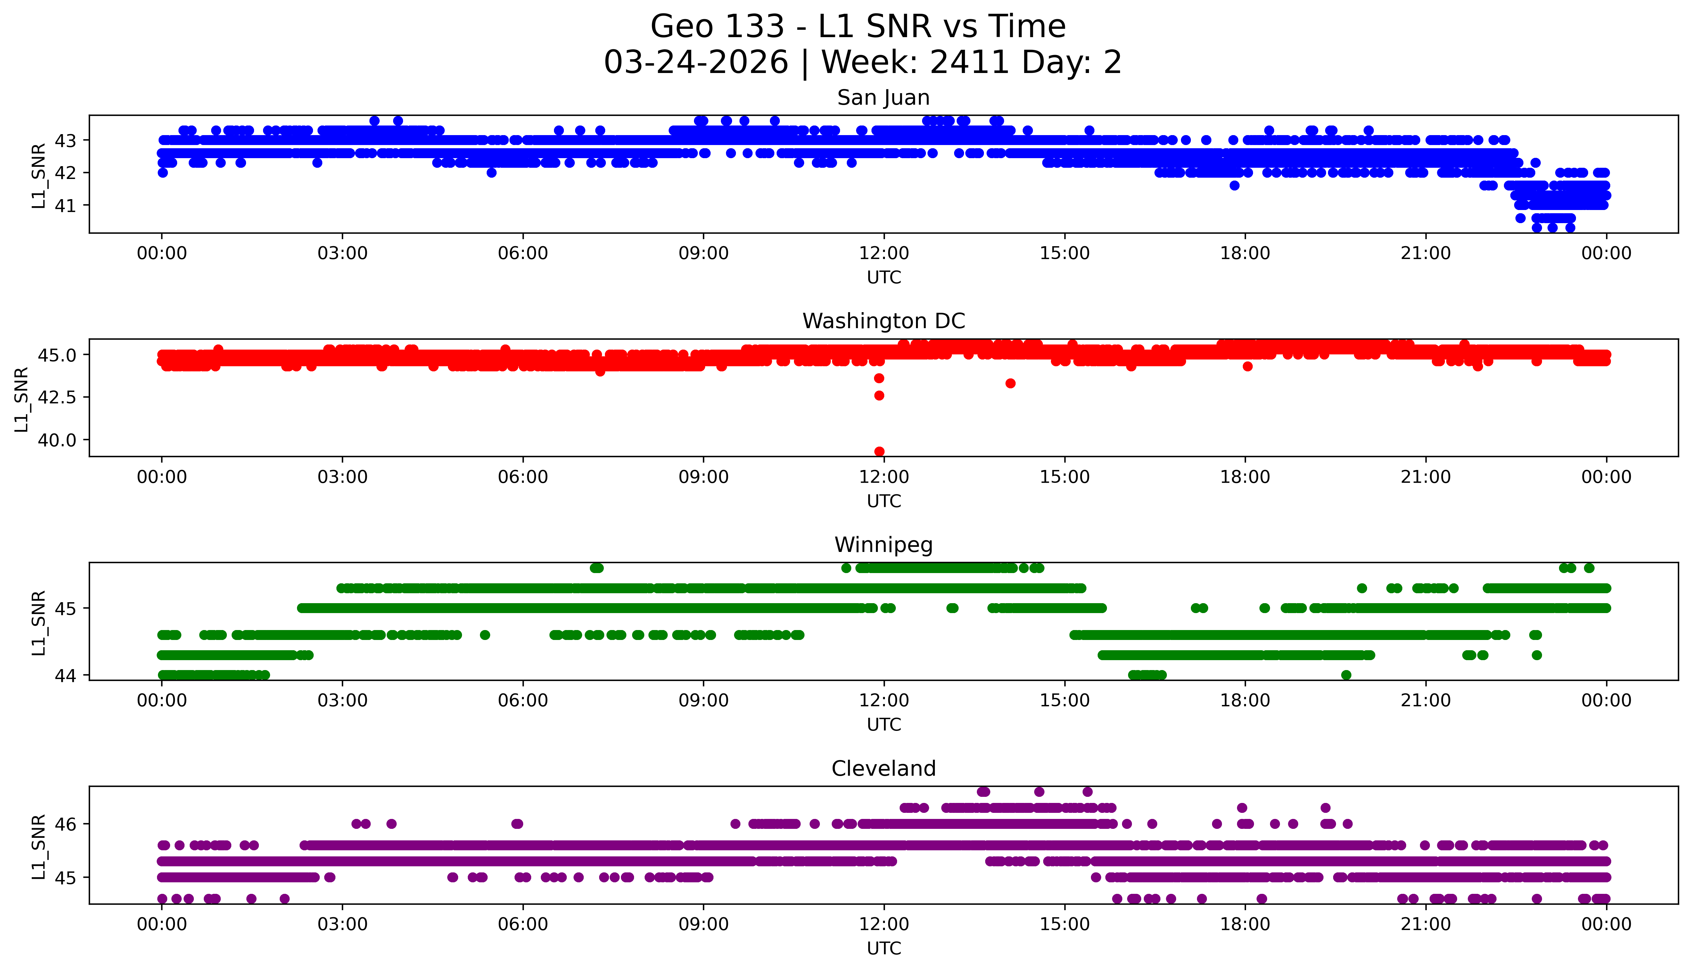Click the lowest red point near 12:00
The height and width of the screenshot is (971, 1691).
pyautogui.click(x=879, y=451)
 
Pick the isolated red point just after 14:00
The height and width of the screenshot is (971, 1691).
pyautogui.click(x=1010, y=384)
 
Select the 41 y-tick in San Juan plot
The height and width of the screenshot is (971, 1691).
pyautogui.click(x=65, y=206)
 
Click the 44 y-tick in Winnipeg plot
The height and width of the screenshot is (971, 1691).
pyautogui.click(x=65, y=676)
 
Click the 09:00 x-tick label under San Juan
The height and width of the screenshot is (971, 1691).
pyautogui.click(x=703, y=254)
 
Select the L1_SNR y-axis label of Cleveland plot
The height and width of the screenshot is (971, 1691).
pyautogui.click(x=39, y=846)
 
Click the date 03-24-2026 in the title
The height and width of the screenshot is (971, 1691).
pyautogui.click(x=696, y=63)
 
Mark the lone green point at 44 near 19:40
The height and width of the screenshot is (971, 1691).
pyautogui.click(x=1346, y=675)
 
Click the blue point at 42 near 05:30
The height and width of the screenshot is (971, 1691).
pyautogui.click(x=491, y=173)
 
